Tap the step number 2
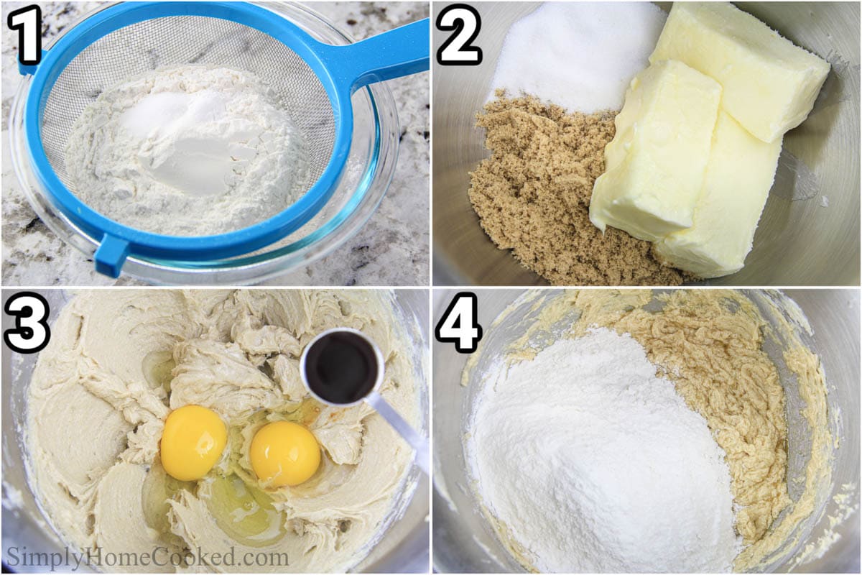point(459,34)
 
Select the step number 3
point(25,323)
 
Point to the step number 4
point(459,323)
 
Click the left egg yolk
point(193,443)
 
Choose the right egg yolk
point(284,454)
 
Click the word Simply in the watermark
point(45,557)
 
